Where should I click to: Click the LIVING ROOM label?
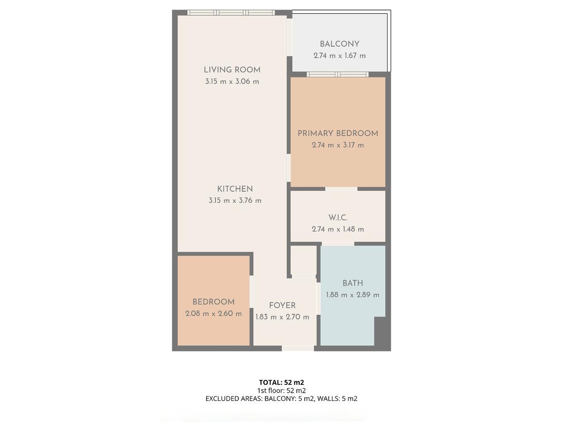tap(232, 70)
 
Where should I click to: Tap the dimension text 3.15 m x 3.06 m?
tap(232, 82)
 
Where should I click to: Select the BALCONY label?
tap(339, 44)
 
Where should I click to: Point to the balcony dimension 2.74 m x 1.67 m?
tap(339, 55)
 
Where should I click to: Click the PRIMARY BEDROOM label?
tap(338, 133)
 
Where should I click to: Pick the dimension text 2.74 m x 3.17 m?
tap(338, 145)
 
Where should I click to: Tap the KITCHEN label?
tap(235, 189)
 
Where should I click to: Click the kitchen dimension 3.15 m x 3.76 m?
tap(235, 201)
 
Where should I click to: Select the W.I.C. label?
tap(338, 218)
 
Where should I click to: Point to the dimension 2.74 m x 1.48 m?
tap(338, 229)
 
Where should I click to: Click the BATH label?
tap(353, 283)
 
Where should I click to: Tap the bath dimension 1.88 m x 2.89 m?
tap(353, 295)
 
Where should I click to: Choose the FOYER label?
tap(282, 306)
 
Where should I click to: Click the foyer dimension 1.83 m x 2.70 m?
tap(282, 317)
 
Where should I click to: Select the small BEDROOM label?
tap(214, 302)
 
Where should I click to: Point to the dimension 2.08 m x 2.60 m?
tap(214, 314)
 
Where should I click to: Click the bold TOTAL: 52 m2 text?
tap(281, 382)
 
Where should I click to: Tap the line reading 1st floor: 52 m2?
tap(281, 391)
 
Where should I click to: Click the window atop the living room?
tap(231, 13)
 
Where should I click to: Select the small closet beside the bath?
tap(303, 260)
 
